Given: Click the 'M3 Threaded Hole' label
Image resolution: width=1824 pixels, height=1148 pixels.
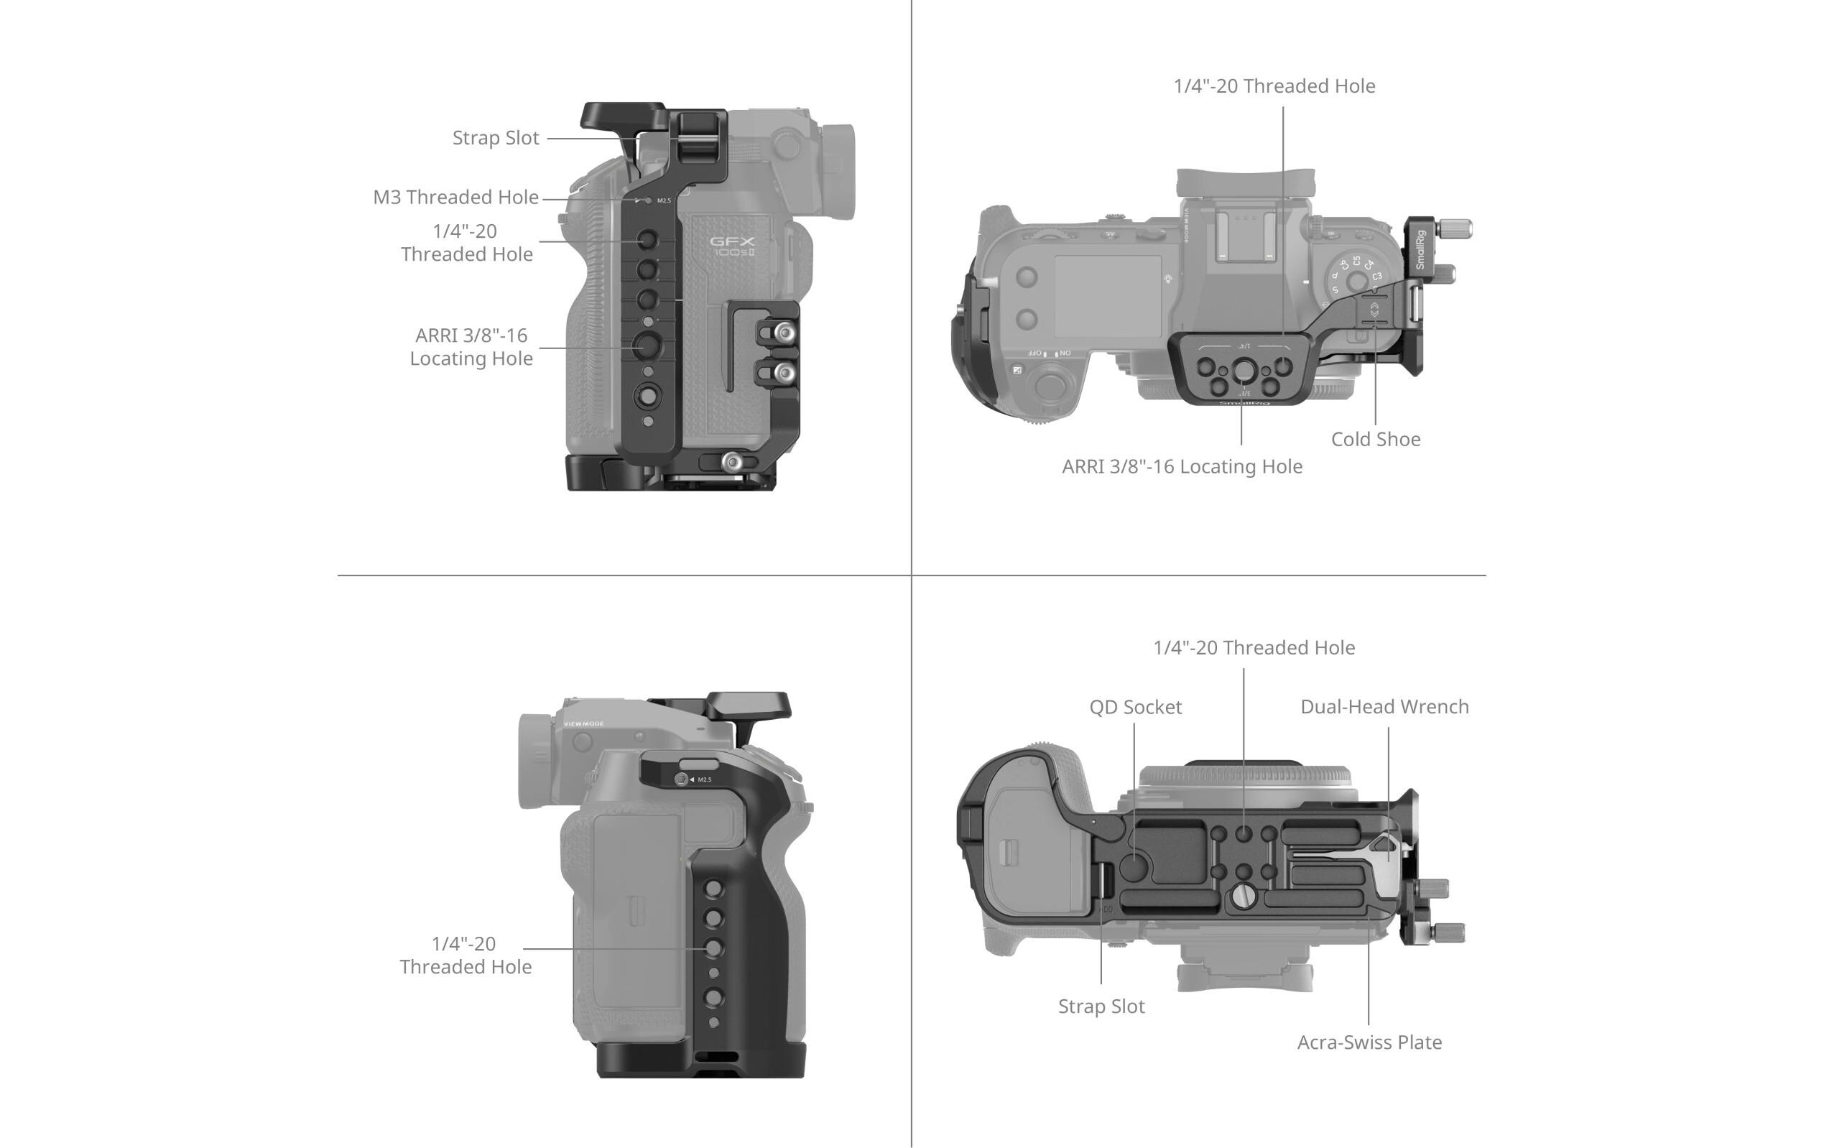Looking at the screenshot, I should click(455, 198).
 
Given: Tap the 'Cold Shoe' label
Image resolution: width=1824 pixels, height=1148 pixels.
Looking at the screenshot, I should click(1375, 439).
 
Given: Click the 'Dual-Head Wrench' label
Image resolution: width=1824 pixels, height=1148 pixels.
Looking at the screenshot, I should click(1384, 706).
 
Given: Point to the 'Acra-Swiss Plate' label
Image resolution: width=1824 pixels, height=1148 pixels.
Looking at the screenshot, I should click(1369, 1042).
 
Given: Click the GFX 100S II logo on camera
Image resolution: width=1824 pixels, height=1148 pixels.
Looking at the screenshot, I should click(732, 246).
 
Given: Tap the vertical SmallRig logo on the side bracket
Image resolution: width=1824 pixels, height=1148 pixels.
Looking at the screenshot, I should click(1420, 250).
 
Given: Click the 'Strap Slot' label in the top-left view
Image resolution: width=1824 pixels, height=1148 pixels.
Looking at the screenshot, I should click(496, 138).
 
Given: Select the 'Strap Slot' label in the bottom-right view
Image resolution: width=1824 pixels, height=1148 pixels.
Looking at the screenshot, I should click(1101, 1006).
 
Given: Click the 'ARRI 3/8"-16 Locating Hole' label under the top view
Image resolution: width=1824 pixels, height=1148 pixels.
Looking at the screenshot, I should click(1182, 466).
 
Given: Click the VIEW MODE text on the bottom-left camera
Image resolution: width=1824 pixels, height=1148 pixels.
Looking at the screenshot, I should click(583, 724).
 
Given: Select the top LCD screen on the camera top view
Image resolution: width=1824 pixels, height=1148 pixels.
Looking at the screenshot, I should click(1108, 296).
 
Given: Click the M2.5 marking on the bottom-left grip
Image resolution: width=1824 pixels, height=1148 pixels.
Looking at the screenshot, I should click(705, 780).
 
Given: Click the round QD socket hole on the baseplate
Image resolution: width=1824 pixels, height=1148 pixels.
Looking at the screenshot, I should click(1134, 866).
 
